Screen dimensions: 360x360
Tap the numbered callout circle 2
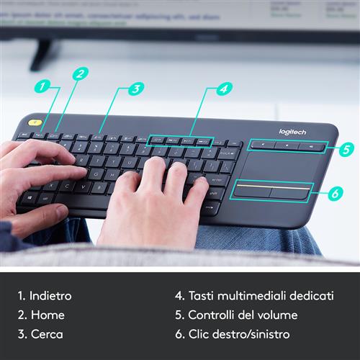click(80, 73)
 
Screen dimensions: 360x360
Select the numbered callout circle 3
click(136, 89)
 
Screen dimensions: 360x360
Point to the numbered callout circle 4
click(225, 89)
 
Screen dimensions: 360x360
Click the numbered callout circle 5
click(347, 150)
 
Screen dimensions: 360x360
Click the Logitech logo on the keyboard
click(292, 132)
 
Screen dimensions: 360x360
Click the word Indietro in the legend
click(45, 296)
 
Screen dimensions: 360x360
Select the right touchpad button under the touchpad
click(290, 192)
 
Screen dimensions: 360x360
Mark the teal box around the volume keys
click(287, 145)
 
